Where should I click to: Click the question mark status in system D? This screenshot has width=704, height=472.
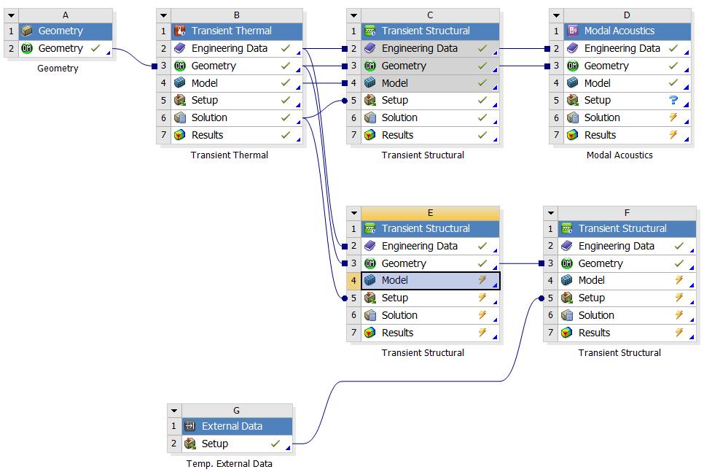point(673,101)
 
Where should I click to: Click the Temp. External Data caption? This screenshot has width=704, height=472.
point(229,464)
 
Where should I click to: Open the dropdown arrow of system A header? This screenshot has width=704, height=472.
point(11,15)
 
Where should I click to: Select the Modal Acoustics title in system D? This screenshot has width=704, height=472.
point(619,31)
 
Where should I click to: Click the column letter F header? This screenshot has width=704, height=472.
point(627,213)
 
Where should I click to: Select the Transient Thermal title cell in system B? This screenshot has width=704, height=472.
point(231,31)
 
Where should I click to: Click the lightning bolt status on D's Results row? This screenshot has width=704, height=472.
point(673,135)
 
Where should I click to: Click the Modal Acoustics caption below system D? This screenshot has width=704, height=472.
point(619,155)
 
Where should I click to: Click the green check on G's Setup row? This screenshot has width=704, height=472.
point(275,444)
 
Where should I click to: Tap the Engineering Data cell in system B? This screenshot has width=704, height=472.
point(229,49)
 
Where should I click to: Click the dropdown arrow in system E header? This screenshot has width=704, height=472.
point(353,213)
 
